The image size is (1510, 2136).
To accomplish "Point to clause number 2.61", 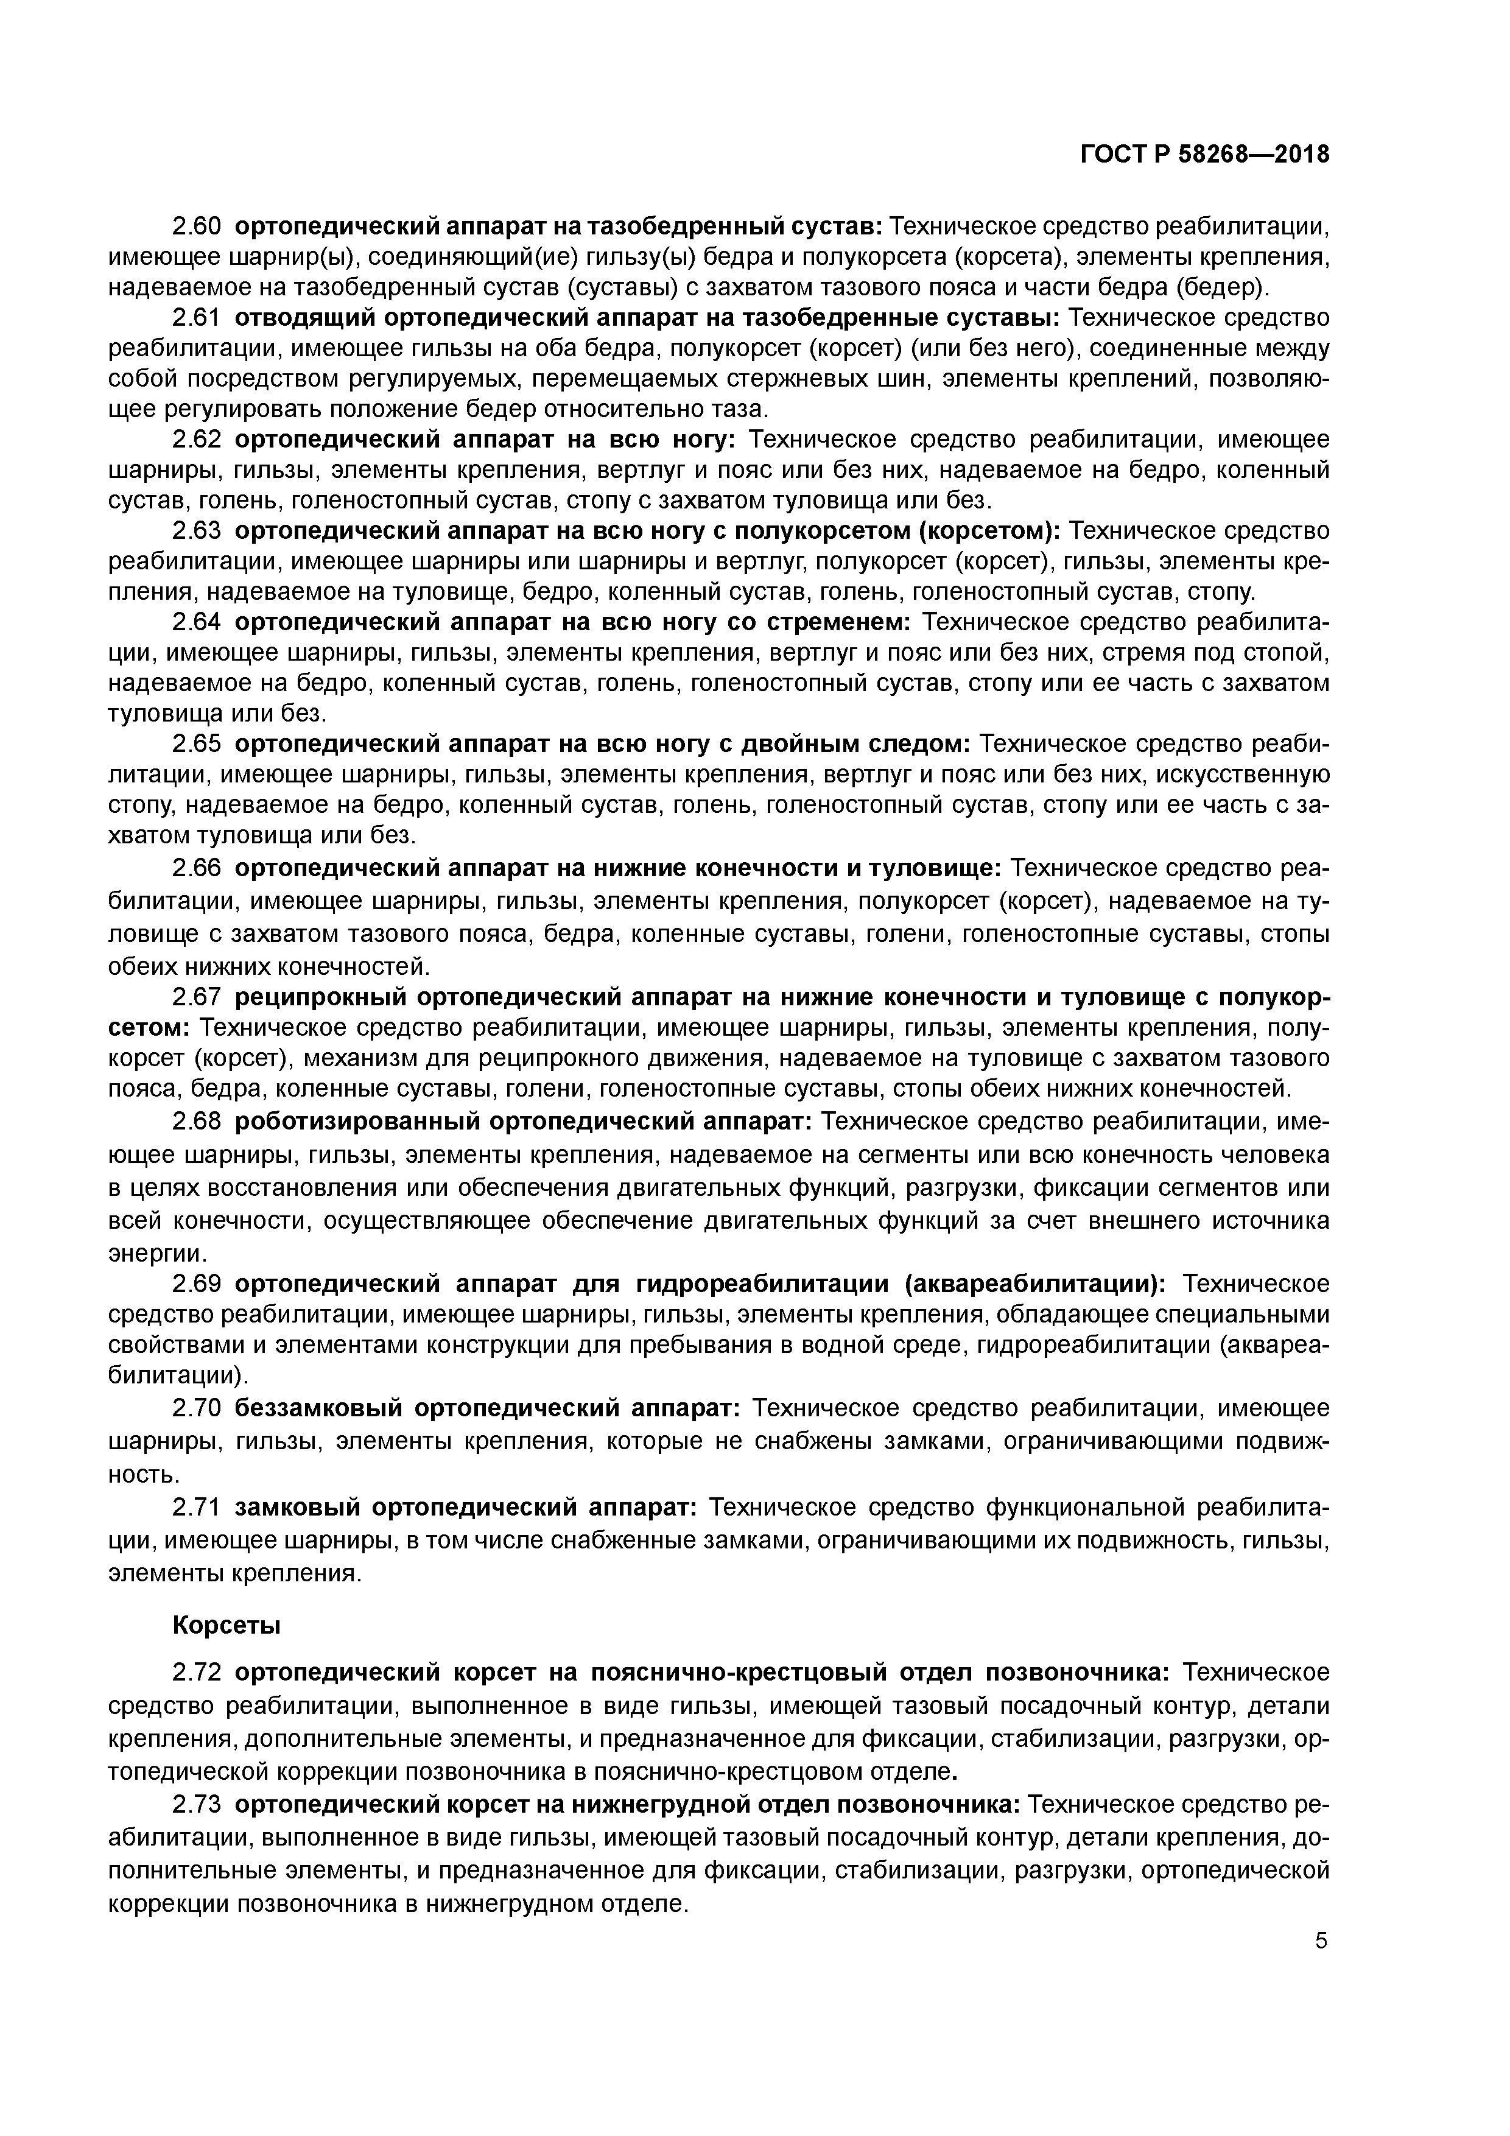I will tap(196, 318).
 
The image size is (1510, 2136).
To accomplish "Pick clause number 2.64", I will tap(196, 622).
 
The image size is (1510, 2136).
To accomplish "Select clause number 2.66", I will tap(196, 868).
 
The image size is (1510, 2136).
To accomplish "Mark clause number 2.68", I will tap(196, 1122).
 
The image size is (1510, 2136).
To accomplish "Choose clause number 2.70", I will tap(196, 1408).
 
